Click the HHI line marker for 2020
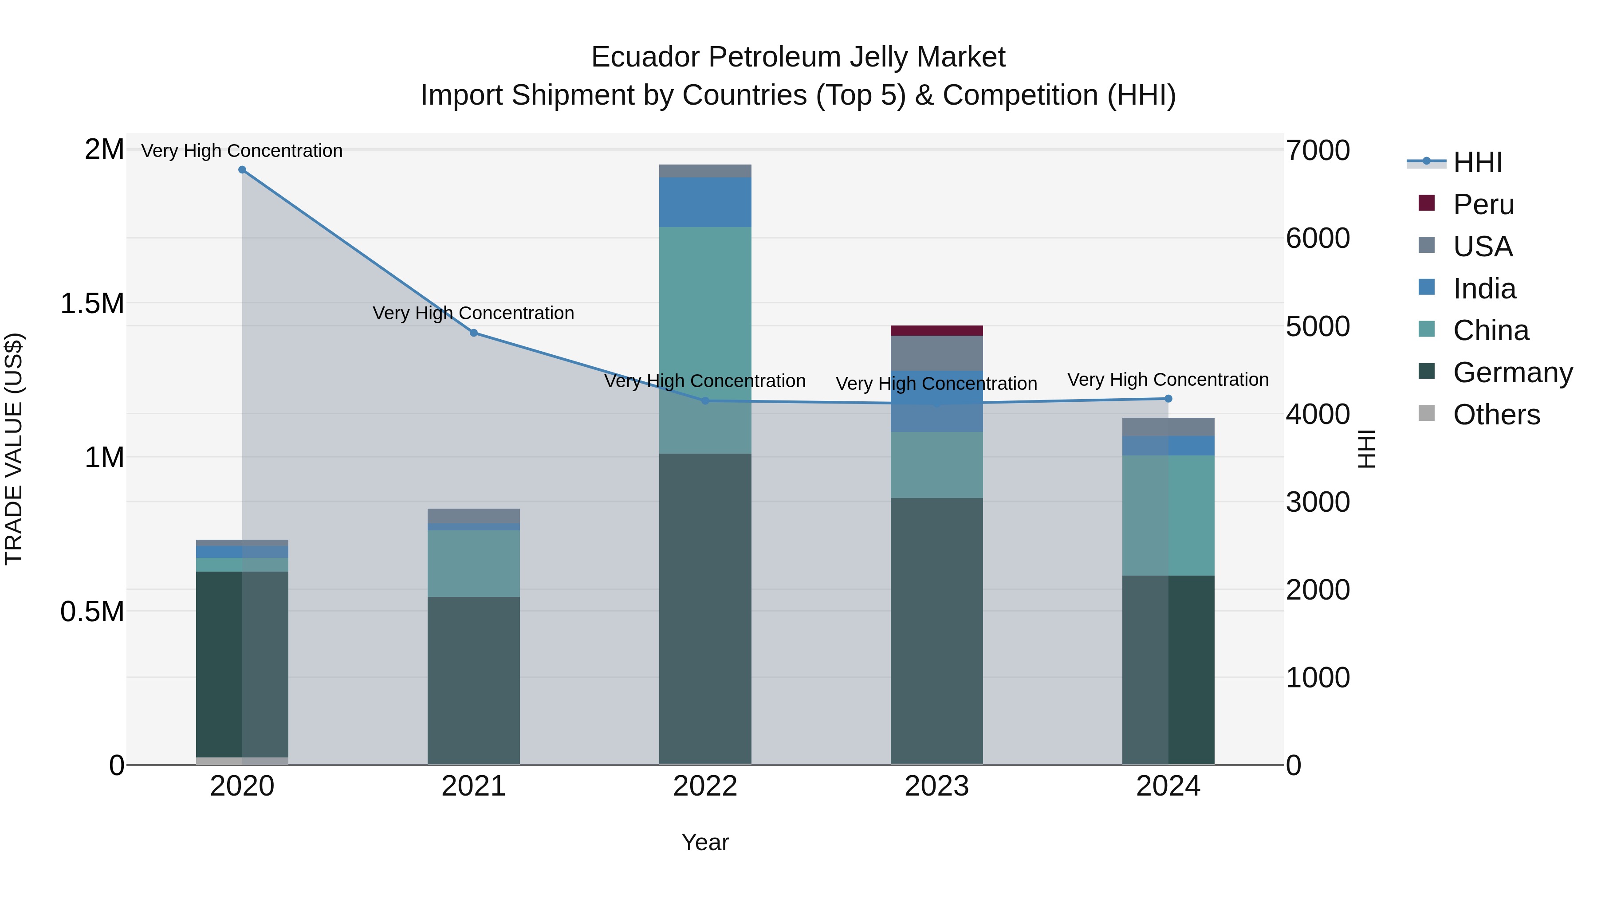pyautogui.click(x=242, y=170)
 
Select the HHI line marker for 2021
pyautogui.click(x=474, y=333)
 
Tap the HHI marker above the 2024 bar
pyautogui.click(x=1168, y=399)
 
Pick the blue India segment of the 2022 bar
pyautogui.click(x=705, y=202)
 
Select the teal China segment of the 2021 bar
pyautogui.click(x=474, y=563)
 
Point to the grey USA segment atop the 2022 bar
pyautogui.click(x=705, y=171)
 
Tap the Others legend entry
pyautogui.click(x=1495, y=415)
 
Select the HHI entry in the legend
pyautogui.click(x=1477, y=162)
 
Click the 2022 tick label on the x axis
pyautogui.click(x=705, y=786)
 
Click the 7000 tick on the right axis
pyautogui.click(x=1318, y=151)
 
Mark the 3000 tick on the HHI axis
pyautogui.click(x=1318, y=502)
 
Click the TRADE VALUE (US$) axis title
pyautogui.click(x=14, y=449)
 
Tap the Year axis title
pyautogui.click(x=705, y=842)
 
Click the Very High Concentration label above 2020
pyautogui.click(x=242, y=151)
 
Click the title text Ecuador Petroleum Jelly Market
pyautogui.click(x=798, y=57)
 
